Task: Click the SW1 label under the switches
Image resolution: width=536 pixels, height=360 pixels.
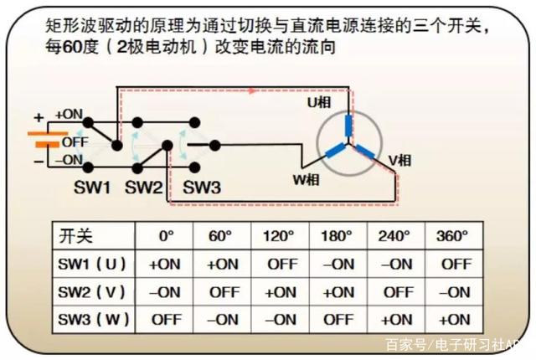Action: point(92,188)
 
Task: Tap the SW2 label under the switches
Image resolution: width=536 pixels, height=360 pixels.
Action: point(144,188)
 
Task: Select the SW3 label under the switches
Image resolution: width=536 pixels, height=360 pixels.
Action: point(201,188)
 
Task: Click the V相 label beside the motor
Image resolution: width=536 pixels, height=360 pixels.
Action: point(399,158)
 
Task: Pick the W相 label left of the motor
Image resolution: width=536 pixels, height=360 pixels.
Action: point(305,178)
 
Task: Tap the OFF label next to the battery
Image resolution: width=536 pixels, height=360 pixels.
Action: point(75,142)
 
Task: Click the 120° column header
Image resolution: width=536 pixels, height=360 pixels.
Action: point(281,236)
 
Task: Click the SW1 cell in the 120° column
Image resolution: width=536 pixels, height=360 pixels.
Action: point(281,264)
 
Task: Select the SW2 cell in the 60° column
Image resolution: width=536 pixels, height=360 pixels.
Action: point(224,291)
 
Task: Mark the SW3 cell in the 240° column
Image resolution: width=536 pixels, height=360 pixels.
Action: point(397,319)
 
